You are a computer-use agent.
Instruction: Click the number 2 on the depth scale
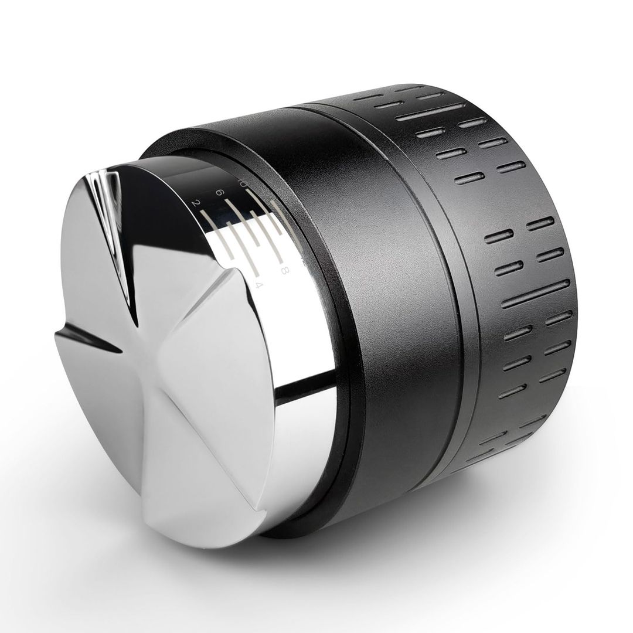[x=196, y=203]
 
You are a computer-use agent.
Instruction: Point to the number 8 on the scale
[x=284, y=270]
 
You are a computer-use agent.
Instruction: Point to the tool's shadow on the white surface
[x=469, y=527]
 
